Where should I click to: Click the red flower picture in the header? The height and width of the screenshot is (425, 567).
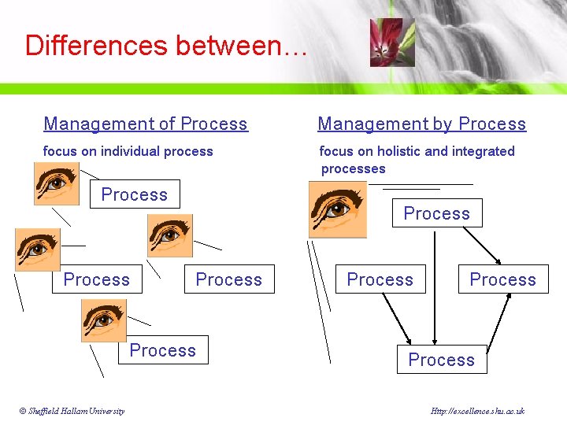[x=391, y=42]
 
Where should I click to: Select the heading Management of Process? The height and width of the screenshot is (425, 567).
[x=146, y=124]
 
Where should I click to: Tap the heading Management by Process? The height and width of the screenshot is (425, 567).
[x=421, y=124]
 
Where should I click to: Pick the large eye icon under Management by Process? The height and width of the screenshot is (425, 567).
[x=337, y=209]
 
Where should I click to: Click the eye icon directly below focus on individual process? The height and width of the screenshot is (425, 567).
[x=56, y=183]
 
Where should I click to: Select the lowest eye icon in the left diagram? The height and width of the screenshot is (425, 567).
[x=103, y=320]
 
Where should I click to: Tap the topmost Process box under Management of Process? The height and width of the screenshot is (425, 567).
[x=135, y=194]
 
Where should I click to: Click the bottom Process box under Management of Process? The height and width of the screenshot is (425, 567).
[x=163, y=350]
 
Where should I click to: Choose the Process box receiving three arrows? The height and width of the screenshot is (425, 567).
[x=442, y=360]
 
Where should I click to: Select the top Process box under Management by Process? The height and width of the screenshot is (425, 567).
[x=437, y=213]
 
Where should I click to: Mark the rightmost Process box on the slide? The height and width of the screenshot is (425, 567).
[x=503, y=279]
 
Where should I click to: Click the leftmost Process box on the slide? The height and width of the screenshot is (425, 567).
[x=97, y=279]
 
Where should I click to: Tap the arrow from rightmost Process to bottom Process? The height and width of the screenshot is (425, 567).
[x=498, y=320]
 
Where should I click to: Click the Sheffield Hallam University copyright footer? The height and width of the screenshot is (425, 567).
[x=72, y=411]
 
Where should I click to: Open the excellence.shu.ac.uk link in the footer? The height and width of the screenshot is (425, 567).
[x=478, y=411]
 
